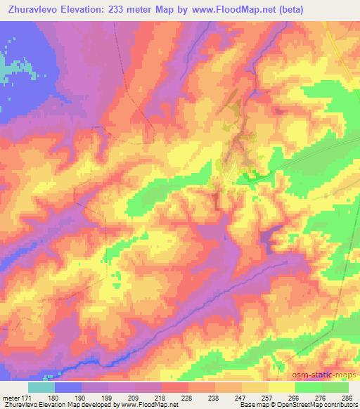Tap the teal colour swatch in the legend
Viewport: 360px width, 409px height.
click(x=41, y=387)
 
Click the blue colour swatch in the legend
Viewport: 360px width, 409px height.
click(x=68, y=387)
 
